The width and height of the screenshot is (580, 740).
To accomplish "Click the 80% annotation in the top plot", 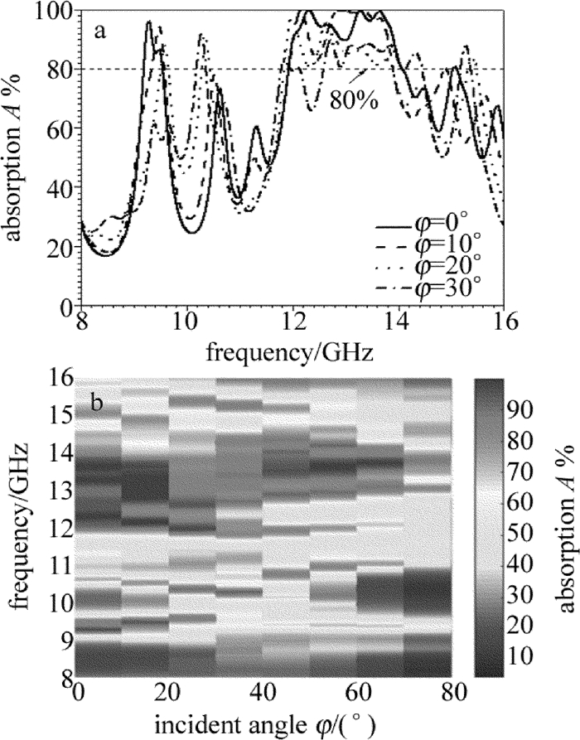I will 355,102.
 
